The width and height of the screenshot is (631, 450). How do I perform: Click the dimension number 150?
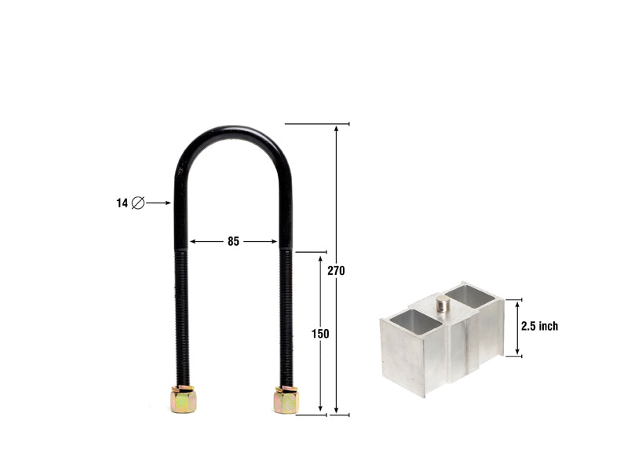pos(320,334)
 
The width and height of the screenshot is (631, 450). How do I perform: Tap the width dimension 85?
pos(233,242)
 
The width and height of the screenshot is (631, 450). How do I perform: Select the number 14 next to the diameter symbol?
pos(122,203)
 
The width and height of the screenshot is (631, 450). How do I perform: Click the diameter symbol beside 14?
pos(138,203)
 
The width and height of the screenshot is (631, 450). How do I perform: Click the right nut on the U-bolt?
pos(286,400)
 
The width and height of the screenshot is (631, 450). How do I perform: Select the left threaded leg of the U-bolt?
pos(181,314)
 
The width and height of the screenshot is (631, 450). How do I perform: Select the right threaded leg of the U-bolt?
pos(286,314)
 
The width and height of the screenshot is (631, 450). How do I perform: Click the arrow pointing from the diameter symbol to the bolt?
pos(159,203)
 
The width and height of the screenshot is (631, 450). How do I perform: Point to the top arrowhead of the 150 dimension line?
pos(320,258)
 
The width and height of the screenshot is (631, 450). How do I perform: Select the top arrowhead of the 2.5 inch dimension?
pos(517,303)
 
